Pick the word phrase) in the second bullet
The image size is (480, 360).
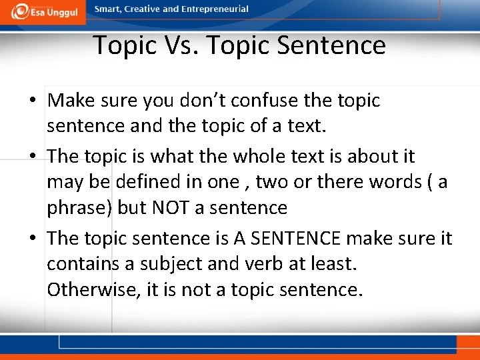pos(79,208)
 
